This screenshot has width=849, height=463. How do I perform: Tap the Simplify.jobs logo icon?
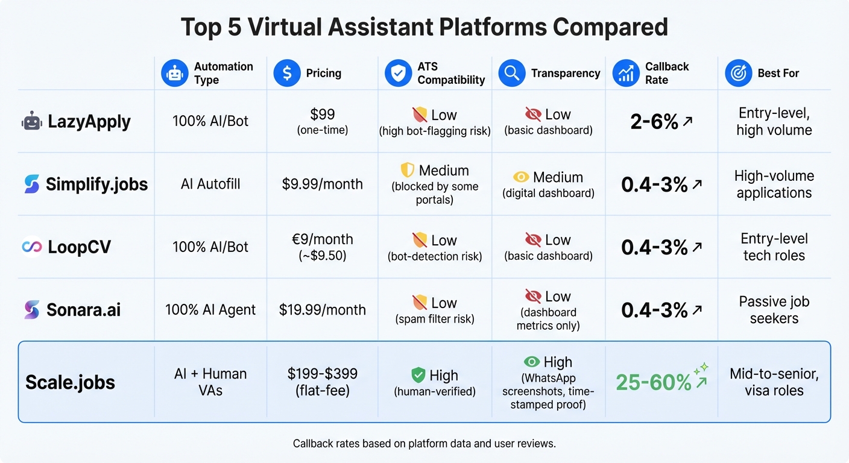pos(31,184)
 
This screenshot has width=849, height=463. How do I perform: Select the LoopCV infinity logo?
pos(31,247)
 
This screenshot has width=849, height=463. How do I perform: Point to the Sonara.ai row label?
pos(83,310)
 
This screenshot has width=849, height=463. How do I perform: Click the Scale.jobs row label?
pos(70,382)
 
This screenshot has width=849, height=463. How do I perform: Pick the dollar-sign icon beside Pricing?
pos(287,73)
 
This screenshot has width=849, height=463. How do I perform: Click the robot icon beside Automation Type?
pos(175,73)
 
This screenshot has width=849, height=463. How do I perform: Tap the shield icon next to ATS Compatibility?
pos(398,73)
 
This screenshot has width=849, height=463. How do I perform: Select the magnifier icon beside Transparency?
pos(511,73)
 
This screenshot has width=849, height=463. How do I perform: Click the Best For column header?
pos(778,73)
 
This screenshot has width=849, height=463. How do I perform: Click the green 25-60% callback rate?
pos(654,382)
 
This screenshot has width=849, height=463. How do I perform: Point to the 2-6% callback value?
pos(655,122)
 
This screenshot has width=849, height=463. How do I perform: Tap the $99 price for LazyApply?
pos(323,115)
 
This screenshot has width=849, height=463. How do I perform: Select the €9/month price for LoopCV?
pos(323,239)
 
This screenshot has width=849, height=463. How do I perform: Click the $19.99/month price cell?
pos(323,310)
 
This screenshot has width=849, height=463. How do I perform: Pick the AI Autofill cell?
pos(210,184)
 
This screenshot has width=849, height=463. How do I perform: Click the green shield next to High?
pos(418,376)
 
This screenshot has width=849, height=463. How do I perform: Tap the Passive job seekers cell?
pos(774,309)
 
